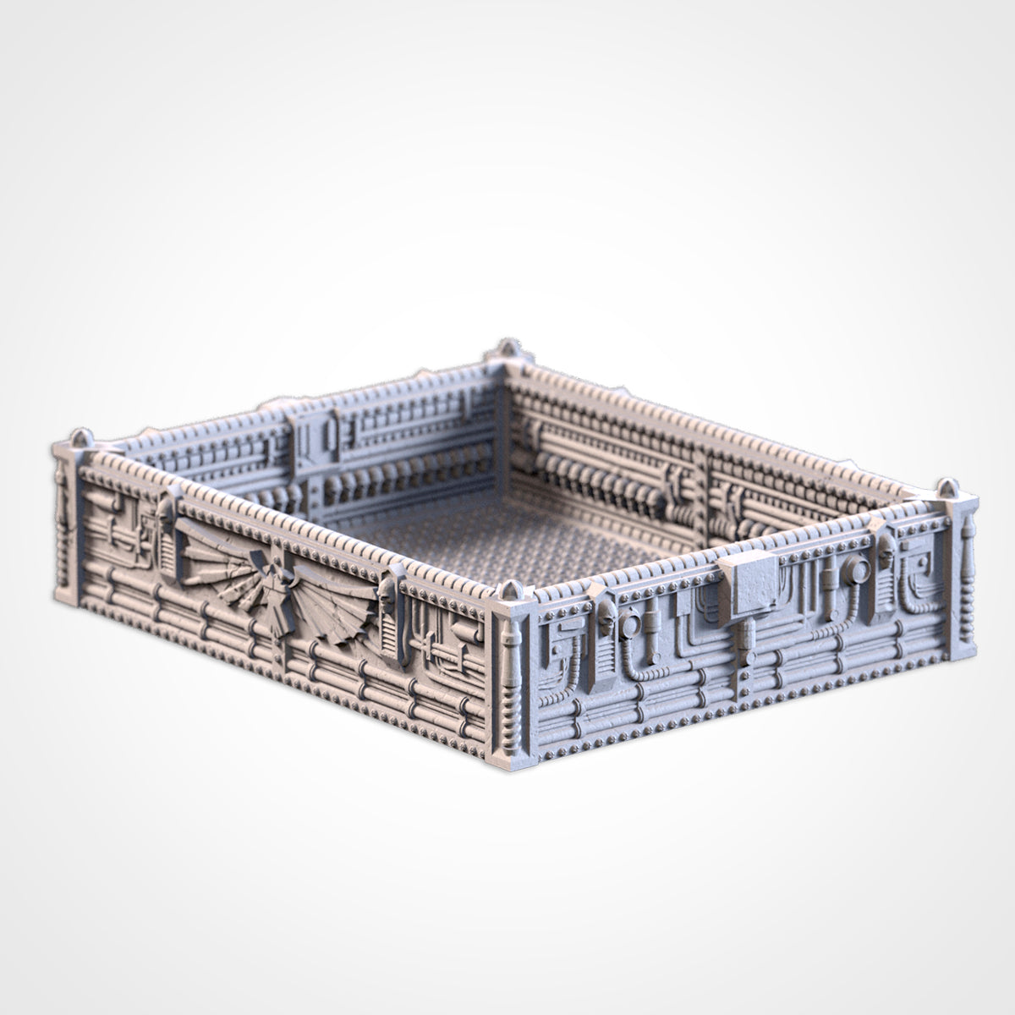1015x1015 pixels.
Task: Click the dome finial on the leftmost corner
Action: point(79,438)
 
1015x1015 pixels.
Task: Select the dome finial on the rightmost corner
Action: point(945,489)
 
